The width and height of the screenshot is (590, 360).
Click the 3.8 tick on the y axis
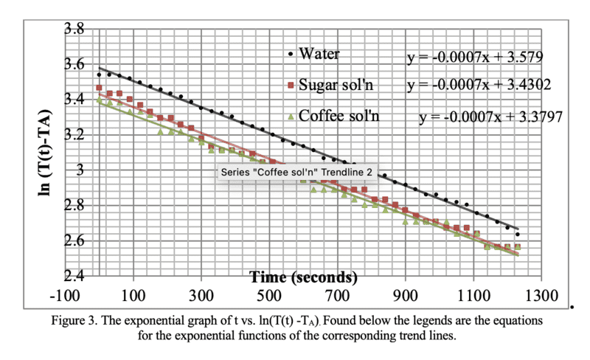click(74, 30)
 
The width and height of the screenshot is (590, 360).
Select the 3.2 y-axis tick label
click(74, 136)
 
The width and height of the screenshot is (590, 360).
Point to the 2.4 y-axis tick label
click(74, 277)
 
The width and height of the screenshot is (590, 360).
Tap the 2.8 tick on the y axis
click(74, 206)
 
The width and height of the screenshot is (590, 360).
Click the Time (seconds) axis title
click(303, 277)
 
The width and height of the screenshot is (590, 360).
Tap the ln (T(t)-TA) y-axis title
click(32, 152)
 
